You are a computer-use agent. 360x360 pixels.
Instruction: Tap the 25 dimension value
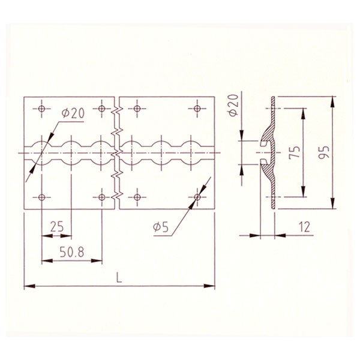57,226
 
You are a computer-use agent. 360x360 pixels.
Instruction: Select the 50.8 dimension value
71,251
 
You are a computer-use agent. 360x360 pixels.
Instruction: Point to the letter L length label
119,277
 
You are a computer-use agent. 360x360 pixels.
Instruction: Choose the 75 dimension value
293,152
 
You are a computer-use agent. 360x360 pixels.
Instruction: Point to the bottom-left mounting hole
41,197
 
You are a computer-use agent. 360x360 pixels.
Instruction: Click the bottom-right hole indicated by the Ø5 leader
197,197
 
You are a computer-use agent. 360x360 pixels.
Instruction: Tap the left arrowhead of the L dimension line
25,285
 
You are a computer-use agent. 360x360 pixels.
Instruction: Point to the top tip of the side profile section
274,97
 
